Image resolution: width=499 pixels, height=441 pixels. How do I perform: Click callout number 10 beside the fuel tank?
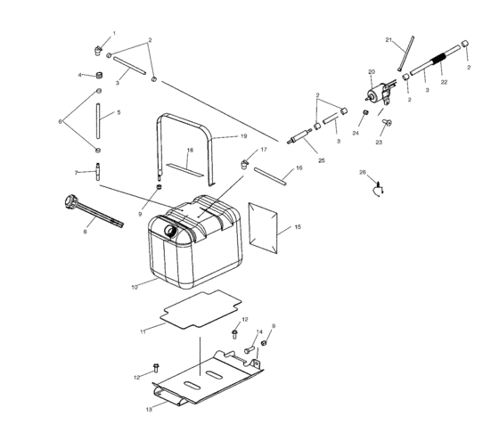tap(135, 287)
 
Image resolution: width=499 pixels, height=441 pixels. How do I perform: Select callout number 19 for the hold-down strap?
tap(242, 136)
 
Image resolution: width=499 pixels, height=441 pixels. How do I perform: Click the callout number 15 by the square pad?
tap(298, 228)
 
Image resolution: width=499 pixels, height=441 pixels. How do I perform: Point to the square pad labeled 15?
tap(265, 223)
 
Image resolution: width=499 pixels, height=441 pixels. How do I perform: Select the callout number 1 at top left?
tap(113, 33)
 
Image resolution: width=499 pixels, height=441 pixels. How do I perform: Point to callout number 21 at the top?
tap(389, 40)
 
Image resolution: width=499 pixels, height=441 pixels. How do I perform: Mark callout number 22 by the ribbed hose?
tap(443, 82)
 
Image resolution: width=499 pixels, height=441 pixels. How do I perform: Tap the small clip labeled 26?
tap(378, 186)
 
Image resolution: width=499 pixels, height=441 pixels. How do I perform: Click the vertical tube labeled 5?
tap(100, 116)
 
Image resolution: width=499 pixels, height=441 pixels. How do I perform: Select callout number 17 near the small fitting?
tap(264, 150)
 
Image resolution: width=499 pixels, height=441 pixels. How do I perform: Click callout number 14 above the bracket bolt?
tap(260, 332)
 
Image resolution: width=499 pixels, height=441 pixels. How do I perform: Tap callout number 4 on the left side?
tap(79, 75)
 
